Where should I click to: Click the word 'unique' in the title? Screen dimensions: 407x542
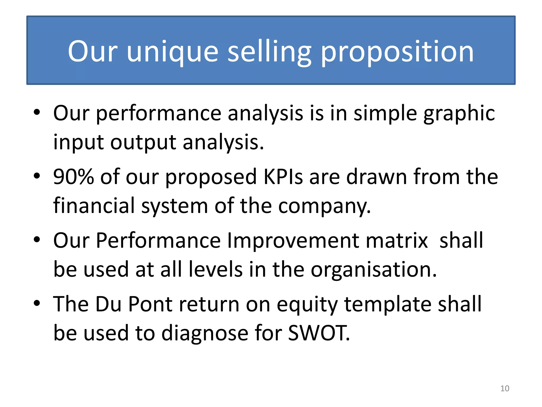pos(173,51)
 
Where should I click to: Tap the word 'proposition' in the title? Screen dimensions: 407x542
pos(397,51)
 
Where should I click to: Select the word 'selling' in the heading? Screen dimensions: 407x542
pos(269,51)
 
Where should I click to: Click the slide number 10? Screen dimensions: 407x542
pos(505,388)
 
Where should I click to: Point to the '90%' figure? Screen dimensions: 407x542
pos(74,176)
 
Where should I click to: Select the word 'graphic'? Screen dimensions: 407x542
pos(459,113)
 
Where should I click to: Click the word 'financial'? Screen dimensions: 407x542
pos(94,205)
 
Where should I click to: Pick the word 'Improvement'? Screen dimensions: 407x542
pos(293,240)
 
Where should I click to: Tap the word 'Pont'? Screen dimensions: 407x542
pos(150,304)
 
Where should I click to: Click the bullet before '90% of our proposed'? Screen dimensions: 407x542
pos(37,176)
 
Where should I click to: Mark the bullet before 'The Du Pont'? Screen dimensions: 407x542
pos(37,303)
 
